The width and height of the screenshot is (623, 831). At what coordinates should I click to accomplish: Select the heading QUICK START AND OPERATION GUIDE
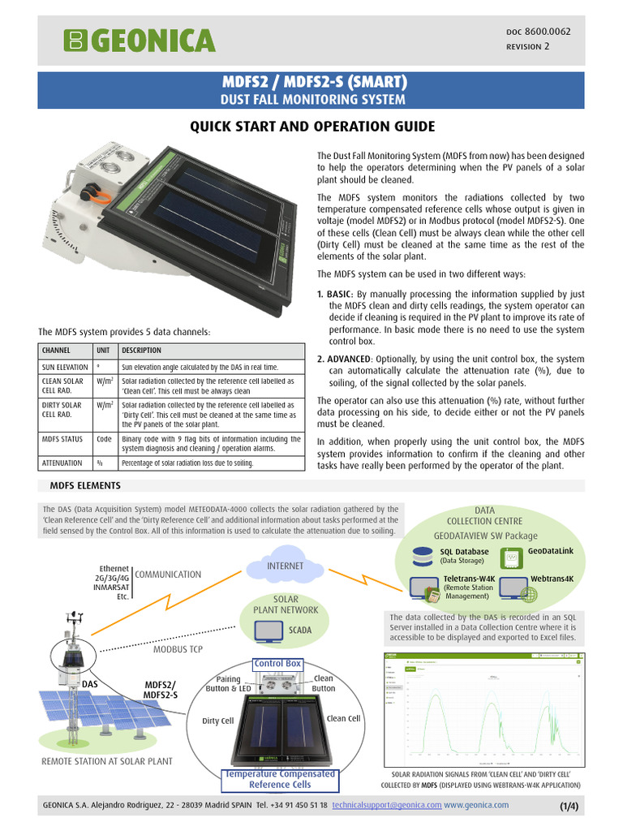point(312,127)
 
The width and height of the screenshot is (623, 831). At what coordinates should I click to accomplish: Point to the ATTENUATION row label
point(62,463)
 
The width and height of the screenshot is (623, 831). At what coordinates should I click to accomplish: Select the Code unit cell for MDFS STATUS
point(105,439)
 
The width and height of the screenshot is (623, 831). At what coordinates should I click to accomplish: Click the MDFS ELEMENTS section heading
point(85,485)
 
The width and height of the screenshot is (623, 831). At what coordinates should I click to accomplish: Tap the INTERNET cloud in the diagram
point(285,566)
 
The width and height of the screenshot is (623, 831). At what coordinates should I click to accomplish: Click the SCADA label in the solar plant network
point(300,629)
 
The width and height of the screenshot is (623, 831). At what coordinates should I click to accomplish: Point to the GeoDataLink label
point(550,551)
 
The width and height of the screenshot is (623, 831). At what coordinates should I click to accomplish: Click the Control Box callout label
point(277,663)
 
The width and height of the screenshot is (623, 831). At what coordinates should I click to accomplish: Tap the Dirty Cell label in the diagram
point(217,721)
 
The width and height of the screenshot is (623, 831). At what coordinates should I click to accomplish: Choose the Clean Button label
point(323,683)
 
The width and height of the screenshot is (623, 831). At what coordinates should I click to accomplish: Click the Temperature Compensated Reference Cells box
point(280,779)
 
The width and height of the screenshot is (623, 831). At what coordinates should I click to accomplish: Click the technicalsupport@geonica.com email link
point(393,805)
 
